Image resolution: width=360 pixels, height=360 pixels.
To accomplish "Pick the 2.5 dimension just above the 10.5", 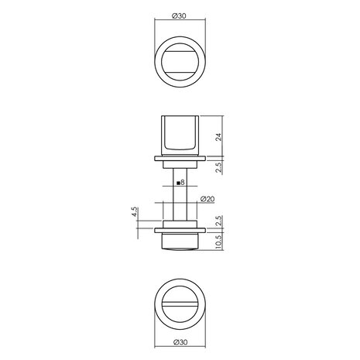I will pos(219,219).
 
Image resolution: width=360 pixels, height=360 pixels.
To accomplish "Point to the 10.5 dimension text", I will pos(219,241).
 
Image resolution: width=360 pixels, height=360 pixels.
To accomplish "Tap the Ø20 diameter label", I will pos(207,198).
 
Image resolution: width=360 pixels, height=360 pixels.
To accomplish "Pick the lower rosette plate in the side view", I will pos(180,229).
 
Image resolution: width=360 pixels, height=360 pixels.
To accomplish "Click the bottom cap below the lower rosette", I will pos(180,241).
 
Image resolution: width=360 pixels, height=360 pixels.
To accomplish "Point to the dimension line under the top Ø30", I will pos(180,23).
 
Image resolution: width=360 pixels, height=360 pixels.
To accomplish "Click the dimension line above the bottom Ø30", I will pos(180,334).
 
